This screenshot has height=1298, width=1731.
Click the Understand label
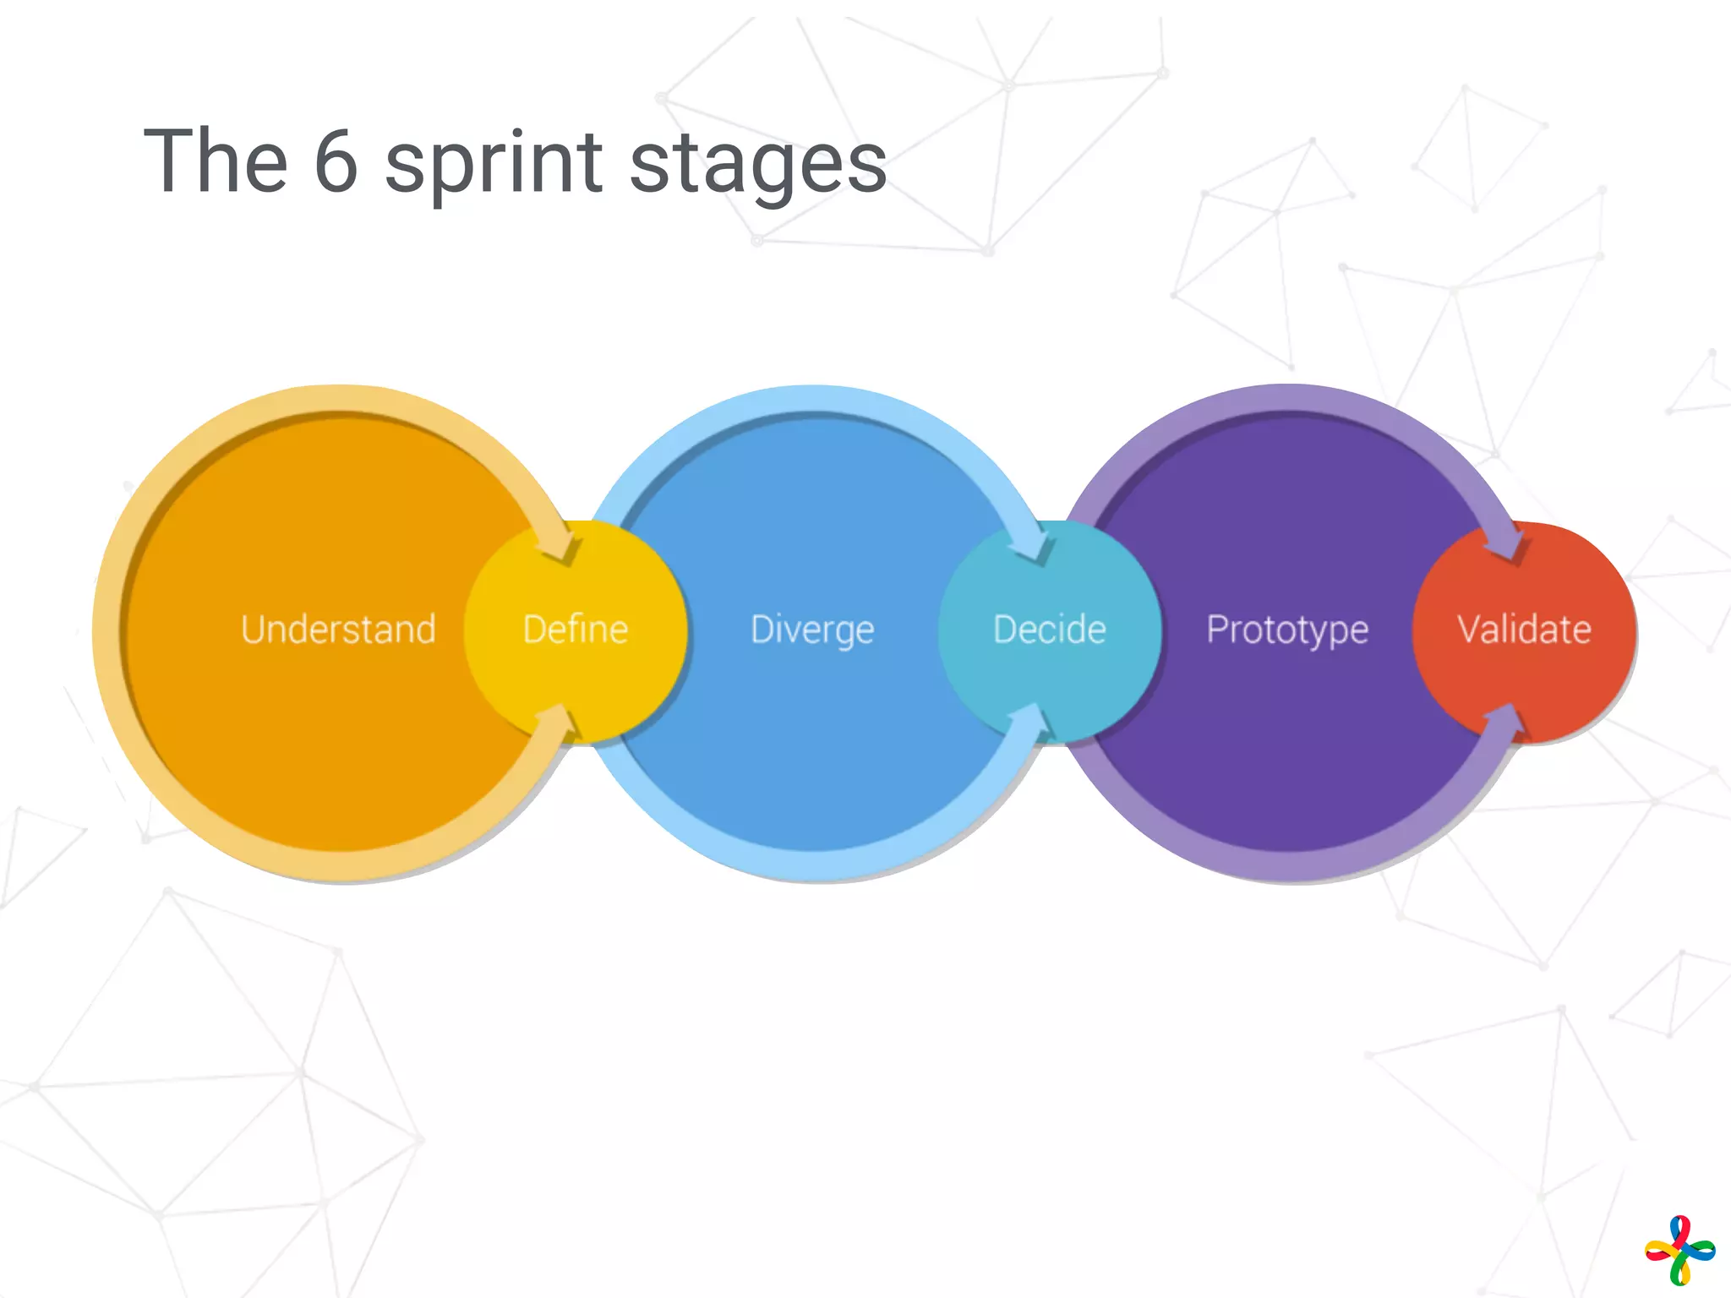click(338, 630)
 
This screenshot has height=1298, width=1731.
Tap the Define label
click(576, 630)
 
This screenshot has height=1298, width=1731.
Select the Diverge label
click(812, 630)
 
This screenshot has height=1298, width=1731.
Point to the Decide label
click(1050, 630)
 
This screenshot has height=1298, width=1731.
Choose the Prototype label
click(1287, 630)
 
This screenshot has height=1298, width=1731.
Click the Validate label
click(1525, 630)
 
